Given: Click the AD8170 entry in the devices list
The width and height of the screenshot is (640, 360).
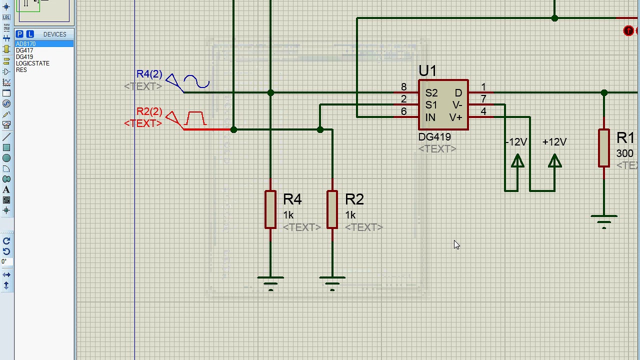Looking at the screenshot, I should [x=26, y=44].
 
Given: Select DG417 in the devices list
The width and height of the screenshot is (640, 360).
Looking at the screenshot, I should [x=24, y=50].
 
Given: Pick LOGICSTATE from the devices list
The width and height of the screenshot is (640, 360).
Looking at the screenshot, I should [x=32, y=63].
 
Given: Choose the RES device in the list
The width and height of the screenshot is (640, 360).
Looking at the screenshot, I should [x=21, y=70].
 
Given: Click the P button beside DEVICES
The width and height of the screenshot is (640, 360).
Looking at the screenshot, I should [x=19, y=34].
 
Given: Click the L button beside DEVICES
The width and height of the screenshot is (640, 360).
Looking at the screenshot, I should [x=30, y=34].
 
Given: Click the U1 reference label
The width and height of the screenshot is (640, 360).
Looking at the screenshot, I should [x=427, y=71].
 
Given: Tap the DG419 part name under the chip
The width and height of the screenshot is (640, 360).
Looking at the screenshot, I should [x=434, y=137].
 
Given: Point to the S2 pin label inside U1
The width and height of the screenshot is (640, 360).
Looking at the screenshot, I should [x=431, y=93].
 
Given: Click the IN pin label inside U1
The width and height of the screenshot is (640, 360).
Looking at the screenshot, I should [x=430, y=117].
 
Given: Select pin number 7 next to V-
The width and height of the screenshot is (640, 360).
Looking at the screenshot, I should [x=483, y=99].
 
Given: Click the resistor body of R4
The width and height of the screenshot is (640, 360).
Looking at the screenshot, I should [x=270, y=209].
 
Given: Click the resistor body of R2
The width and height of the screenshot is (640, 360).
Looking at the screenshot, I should [x=332, y=209].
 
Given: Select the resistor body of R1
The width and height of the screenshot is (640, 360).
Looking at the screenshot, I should [x=604, y=148].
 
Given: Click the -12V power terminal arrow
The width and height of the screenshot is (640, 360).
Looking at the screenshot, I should [x=517, y=161].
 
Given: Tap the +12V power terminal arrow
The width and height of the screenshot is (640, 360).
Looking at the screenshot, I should [x=554, y=161].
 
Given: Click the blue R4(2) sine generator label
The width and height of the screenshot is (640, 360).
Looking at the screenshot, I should [x=149, y=74].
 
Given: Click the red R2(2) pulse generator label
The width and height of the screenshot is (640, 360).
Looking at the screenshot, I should [x=149, y=111].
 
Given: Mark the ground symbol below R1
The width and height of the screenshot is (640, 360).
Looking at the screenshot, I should [x=604, y=220].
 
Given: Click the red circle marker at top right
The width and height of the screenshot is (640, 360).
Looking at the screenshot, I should [x=628, y=31].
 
